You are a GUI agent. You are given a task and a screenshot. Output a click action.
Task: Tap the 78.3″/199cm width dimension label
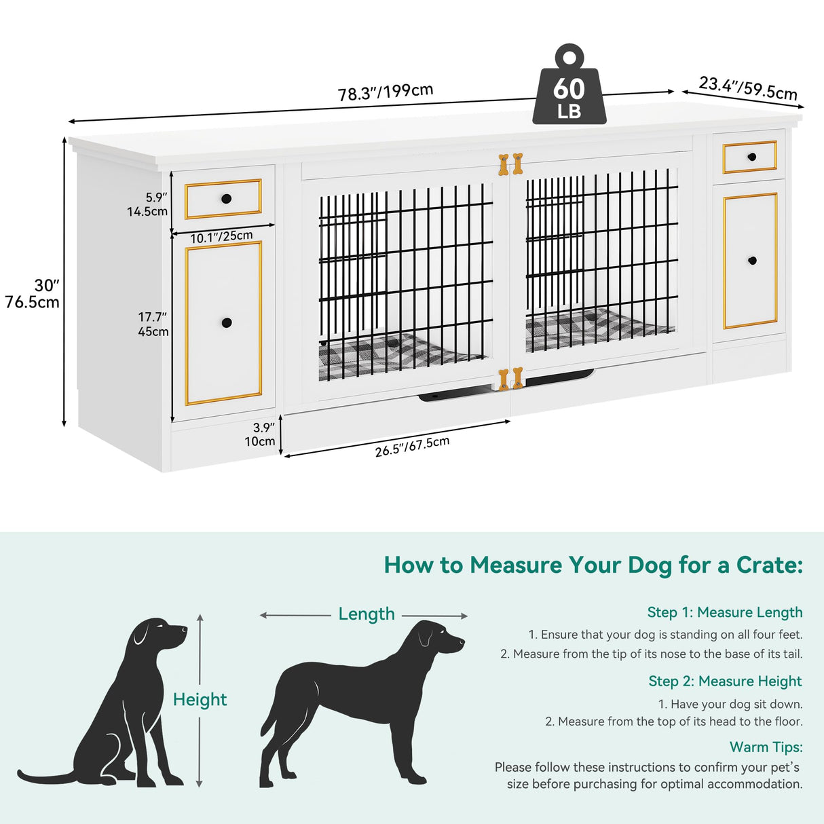pos(386,92)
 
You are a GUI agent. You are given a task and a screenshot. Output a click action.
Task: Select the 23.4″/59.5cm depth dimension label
pos(748,88)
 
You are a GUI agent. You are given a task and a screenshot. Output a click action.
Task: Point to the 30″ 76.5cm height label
pos(33,294)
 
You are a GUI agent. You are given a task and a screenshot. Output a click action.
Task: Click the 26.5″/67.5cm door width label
pos(412,446)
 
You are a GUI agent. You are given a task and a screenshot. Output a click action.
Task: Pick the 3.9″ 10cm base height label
pos(261,434)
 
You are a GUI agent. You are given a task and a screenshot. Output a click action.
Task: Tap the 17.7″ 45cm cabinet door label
pos(153,324)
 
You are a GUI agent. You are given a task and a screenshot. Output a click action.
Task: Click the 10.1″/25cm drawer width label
pos(221,237)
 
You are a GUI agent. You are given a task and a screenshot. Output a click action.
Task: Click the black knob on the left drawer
pos(226,199)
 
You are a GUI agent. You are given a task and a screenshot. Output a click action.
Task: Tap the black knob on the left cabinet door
pos(227,322)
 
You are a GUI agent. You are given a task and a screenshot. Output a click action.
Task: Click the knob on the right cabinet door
pos(752,261)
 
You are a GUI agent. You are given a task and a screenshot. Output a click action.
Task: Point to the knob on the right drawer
pos(751,157)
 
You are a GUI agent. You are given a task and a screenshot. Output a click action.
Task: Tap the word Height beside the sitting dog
pos(200,699)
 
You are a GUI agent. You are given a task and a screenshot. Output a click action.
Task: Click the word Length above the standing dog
pos(367,614)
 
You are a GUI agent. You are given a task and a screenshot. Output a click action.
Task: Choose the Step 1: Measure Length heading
pos(724,612)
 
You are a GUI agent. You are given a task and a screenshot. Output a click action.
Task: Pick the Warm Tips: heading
pos(766,747)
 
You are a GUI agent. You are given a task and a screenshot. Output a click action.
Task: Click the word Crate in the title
pos(768,565)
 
